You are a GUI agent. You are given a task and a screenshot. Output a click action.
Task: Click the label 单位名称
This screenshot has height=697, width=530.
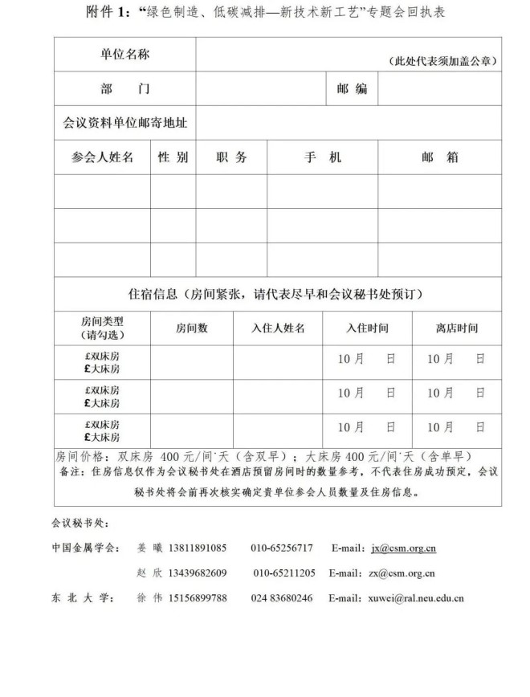[124, 55]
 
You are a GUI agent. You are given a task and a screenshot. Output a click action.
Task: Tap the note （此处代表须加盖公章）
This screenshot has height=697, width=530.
[441, 62]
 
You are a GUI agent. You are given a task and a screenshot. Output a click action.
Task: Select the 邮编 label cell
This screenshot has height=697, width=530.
[352, 89]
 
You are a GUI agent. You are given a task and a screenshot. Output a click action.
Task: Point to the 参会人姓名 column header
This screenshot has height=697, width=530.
[102, 157]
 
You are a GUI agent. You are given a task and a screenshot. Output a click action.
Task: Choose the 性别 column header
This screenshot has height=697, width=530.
[173, 157]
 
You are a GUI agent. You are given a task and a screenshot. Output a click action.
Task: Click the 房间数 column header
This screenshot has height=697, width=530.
[191, 328]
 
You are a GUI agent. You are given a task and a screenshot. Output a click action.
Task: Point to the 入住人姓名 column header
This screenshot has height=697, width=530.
[278, 328]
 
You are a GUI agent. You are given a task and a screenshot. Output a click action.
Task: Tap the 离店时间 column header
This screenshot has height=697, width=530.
[456, 328]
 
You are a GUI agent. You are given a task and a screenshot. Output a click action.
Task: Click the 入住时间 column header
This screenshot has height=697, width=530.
[367, 328]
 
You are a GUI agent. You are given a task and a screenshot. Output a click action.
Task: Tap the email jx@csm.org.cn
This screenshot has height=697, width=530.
[403, 548]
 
